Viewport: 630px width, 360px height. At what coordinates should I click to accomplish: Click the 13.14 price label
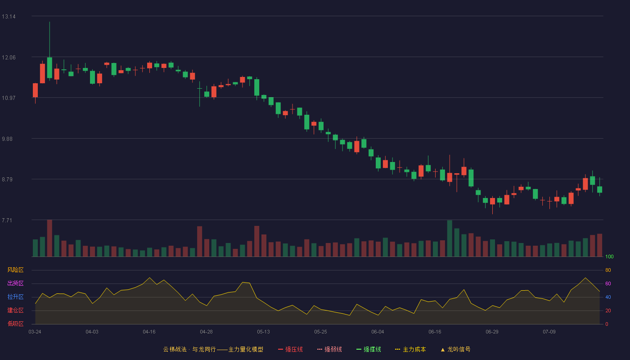pyautogui.click(x=9, y=17)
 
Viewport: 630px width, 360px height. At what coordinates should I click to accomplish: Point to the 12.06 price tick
pyautogui.click(x=9, y=58)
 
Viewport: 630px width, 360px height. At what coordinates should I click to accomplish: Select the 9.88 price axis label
pyautogui.click(x=7, y=139)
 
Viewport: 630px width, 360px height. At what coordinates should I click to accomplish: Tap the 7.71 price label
pyautogui.click(x=7, y=220)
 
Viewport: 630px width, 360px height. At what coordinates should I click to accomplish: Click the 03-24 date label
pyautogui.click(x=35, y=332)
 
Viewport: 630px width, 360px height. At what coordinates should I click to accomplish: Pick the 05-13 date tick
pyautogui.click(x=263, y=332)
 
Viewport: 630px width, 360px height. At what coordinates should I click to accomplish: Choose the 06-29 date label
pyautogui.click(x=492, y=332)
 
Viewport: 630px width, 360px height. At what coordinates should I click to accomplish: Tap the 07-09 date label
pyautogui.click(x=549, y=332)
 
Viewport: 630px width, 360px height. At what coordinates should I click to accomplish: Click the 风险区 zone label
pyautogui.click(x=15, y=270)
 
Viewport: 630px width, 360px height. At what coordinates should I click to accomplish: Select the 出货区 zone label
pyautogui.click(x=15, y=283)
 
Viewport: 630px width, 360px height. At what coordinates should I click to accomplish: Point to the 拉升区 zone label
pyautogui.click(x=15, y=297)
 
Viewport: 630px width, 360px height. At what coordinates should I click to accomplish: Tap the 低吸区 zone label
pyautogui.click(x=15, y=324)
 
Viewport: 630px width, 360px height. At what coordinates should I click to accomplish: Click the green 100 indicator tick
pyautogui.click(x=609, y=256)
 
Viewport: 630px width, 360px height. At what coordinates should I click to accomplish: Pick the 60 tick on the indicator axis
pyautogui.click(x=608, y=283)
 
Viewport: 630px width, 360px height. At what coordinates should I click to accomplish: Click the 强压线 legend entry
pyautogui.click(x=290, y=349)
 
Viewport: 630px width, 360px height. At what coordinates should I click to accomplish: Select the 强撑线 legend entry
pyautogui.click(x=369, y=349)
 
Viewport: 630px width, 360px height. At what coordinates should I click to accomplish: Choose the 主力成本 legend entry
pyautogui.click(x=410, y=349)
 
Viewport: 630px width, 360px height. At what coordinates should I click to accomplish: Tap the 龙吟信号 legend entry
pyautogui.click(x=455, y=349)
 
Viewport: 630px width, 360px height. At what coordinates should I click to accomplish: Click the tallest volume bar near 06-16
pyautogui.click(x=450, y=238)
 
